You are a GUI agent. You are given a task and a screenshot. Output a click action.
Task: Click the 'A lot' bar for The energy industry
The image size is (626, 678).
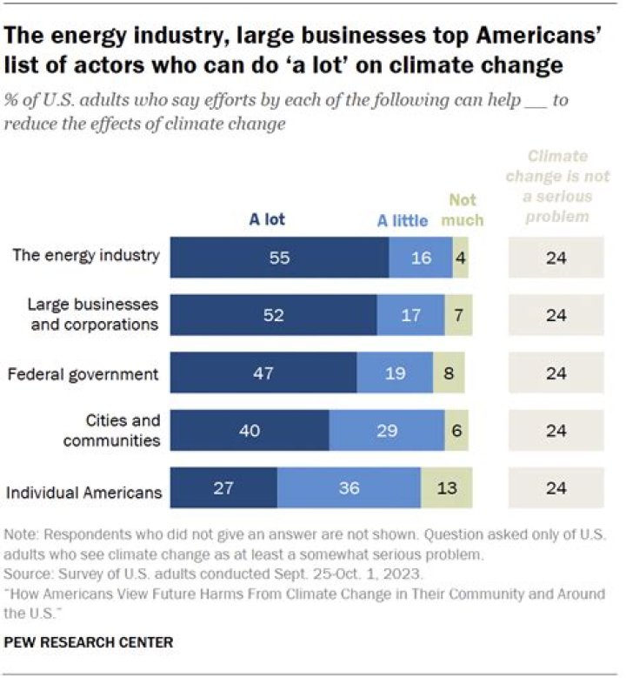279,258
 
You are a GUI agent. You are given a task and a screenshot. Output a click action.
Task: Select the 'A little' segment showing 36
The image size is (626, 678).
349,488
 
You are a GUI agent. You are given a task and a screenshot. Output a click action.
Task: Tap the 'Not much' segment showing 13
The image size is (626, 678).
447,488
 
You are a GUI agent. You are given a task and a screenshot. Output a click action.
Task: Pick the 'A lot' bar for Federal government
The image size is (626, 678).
263,373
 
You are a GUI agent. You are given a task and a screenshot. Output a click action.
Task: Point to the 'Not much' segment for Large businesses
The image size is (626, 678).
457,315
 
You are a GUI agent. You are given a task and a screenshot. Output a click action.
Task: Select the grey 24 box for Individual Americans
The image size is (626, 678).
556,488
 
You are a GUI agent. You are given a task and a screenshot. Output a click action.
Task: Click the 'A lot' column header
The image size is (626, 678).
267,219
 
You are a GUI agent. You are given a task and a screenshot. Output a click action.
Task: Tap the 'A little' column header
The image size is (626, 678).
402,220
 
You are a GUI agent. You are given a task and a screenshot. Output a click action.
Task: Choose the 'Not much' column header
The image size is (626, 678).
462,210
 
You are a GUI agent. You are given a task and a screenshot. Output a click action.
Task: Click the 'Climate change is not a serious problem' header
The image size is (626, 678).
557,186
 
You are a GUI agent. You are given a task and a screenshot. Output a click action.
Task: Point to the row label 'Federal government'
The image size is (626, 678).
83,374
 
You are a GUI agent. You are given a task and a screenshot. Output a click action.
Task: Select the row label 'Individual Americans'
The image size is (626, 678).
84,492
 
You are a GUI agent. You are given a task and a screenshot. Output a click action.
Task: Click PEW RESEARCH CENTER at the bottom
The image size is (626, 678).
89,642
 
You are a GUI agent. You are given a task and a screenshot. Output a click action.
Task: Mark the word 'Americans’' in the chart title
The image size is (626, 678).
505,36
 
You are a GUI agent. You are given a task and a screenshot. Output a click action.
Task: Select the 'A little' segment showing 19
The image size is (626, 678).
395,373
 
